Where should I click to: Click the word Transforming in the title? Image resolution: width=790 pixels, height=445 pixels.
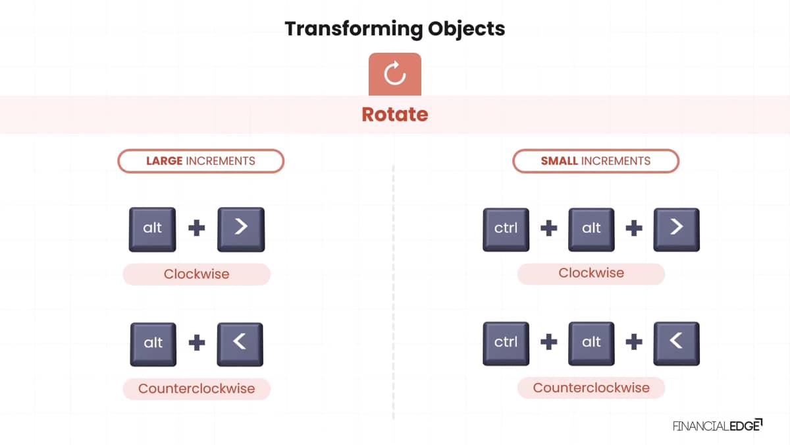tap(354, 29)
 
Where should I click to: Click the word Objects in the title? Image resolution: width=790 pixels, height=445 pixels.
tap(466, 29)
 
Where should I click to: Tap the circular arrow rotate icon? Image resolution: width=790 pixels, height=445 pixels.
tap(394, 74)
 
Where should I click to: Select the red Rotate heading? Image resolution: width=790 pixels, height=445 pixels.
tap(394, 115)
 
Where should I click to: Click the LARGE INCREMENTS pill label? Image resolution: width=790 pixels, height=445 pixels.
tap(201, 161)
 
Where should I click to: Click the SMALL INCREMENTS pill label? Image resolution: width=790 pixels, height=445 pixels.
tap(596, 161)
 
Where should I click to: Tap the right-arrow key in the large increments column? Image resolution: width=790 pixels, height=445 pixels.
tap(241, 229)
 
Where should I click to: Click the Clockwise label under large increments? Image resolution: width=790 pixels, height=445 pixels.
tap(196, 274)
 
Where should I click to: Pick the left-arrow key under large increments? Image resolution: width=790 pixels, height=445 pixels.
tap(240, 344)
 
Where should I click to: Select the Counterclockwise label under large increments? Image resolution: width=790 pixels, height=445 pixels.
tap(196, 388)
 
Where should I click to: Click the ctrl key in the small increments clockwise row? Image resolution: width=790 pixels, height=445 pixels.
tap(506, 229)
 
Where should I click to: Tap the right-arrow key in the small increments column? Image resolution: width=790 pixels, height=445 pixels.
tap(677, 229)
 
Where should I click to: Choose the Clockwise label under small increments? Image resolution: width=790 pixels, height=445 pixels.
tap(591, 273)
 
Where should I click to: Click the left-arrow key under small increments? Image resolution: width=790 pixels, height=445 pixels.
tap(677, 343)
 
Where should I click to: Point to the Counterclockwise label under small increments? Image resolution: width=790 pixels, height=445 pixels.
tap(591, 388)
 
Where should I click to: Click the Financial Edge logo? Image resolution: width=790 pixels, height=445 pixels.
tap(718, 426)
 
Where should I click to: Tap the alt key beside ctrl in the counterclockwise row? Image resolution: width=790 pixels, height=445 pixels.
tap(591, 343)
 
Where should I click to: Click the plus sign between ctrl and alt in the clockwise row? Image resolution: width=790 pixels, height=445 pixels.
tap(549, 228)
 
